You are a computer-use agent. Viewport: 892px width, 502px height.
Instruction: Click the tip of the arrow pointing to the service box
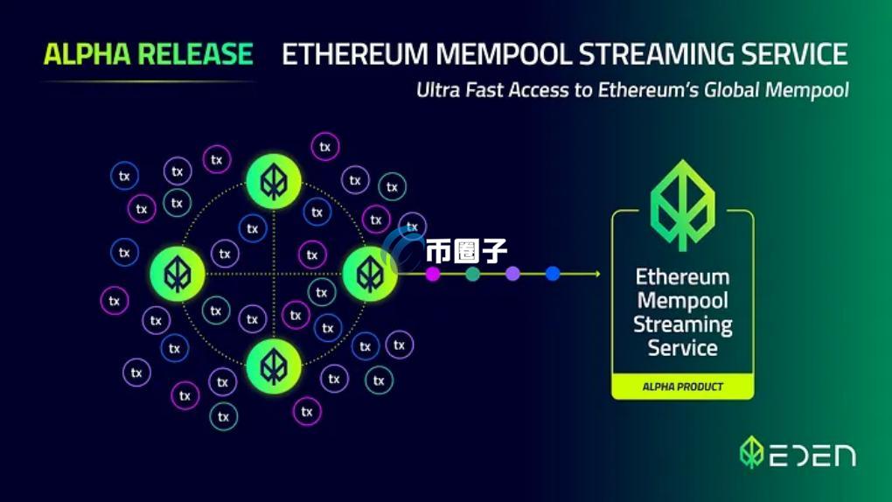(600, 274)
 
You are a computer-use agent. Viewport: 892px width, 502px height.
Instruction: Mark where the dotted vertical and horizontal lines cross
(274, 274)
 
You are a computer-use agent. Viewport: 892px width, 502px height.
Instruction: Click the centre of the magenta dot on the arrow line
(433, 275)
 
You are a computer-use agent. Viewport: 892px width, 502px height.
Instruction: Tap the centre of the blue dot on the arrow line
(553, 274)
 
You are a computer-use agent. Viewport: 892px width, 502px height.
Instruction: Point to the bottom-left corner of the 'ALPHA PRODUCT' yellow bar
(612, 399)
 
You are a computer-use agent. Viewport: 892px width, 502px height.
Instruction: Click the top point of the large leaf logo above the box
(683, 160)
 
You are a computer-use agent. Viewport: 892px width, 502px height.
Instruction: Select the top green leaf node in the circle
(274, 182)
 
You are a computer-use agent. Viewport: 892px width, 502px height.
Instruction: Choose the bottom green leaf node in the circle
(274, 366)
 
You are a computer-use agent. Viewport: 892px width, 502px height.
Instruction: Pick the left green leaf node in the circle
(178, 274)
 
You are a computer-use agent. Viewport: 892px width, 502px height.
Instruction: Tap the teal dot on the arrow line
(473, 275)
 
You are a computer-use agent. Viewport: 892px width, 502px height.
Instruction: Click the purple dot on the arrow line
(512, 274)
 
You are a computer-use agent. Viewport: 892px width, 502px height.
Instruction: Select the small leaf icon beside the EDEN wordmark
(751, 452)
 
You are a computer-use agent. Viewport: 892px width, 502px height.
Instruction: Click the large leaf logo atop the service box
(683, 206)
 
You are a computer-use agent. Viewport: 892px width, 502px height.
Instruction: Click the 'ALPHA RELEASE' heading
(149, 54)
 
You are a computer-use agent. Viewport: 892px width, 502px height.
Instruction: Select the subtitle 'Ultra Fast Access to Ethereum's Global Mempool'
(632, 90)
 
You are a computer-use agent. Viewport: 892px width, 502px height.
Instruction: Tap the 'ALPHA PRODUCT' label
(683, 387)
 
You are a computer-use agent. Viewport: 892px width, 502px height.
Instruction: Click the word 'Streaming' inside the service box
(683, 325)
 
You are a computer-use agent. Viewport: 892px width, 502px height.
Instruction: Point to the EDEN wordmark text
(813, 456)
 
